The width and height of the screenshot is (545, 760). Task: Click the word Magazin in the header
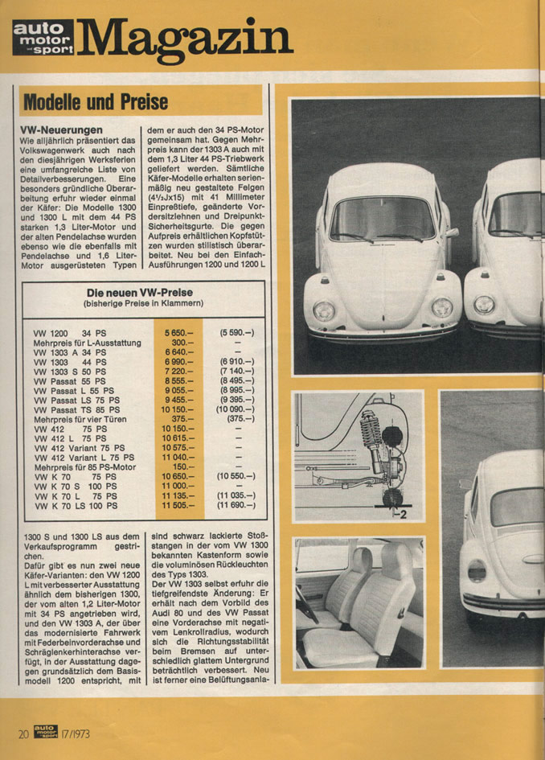(x=185, y=36)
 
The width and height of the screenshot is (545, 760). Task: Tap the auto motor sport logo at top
(x=43, y=38)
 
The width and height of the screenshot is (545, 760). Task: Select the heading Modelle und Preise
(x=96, y=102)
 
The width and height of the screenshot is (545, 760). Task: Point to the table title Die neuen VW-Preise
(x=144, y=292)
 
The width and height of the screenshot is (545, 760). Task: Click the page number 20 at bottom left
(x=24, y=733)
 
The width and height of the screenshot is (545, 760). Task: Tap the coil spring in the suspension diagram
(x=372, y=435)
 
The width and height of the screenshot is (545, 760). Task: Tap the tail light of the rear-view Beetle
(x=477, y=572)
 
